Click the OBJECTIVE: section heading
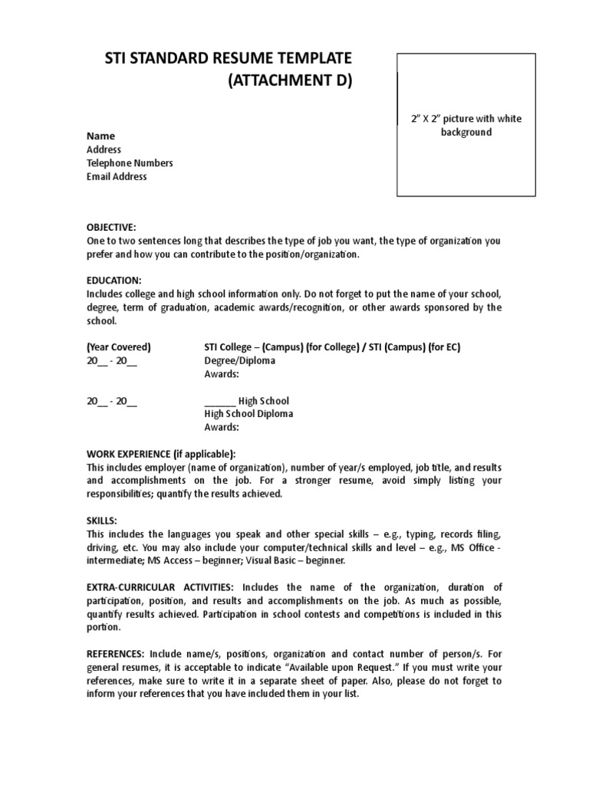tap(110, 228)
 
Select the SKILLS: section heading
tap(102, 521)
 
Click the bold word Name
tap(100, 136)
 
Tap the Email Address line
tap(117, 177)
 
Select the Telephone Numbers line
tap(130, 163)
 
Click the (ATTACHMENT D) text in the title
tap(290, 82)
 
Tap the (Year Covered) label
tap(119, 347)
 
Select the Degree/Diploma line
tap(239, 361)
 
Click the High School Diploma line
tap(248, 414)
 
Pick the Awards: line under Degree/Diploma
tap(222, 374)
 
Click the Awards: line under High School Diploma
tap(222, 428)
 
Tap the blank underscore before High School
tap(219, 401)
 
